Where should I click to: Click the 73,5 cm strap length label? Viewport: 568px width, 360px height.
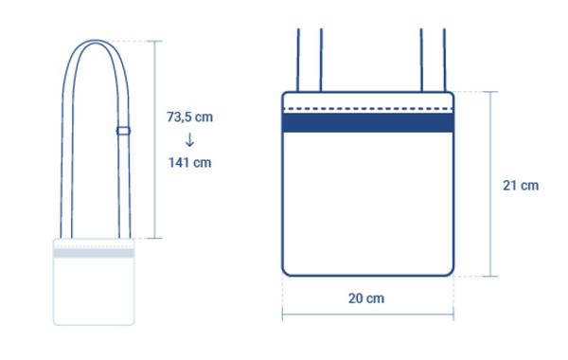click(x=189, y=117)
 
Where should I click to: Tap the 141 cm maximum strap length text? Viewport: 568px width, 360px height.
click(x=189, y=162)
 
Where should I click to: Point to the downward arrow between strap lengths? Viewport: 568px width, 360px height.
click(x=189, y=140)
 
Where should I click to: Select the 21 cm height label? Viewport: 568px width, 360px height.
click(x=521, y=186)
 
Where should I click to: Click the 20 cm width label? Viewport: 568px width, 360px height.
click(x=366, y=298)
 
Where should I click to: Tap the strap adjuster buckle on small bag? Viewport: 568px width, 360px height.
click(x=123, y=131)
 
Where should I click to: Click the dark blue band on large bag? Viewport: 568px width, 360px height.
click(x=367, y=122)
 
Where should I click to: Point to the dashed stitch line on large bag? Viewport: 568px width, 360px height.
click(x=367, y=108)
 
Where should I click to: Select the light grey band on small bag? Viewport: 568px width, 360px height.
click(x=94, y=253)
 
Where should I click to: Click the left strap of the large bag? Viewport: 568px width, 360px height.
click(x=310, y=60)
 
